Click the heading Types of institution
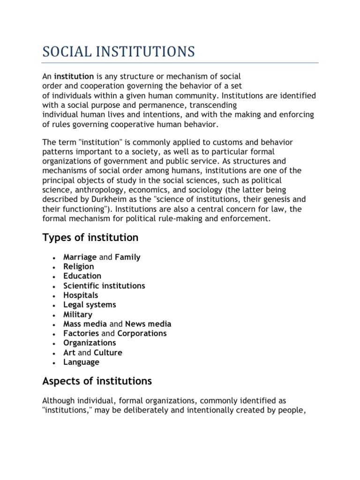(x=90, y=238)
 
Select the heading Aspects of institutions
(x=97, y=381)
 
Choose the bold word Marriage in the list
(x=80, y=257)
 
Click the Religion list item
(x=79, y=267)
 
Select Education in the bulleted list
(x=82, y=276)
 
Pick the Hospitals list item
(x=81, y=295)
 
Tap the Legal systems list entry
(x=90, y=305)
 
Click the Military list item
(x=78, y=315)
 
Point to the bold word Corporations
(x=142, y=333)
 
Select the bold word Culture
(x=108, y=352)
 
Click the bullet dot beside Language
(x=55, y=363)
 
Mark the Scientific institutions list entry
(x=104, y=285)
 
